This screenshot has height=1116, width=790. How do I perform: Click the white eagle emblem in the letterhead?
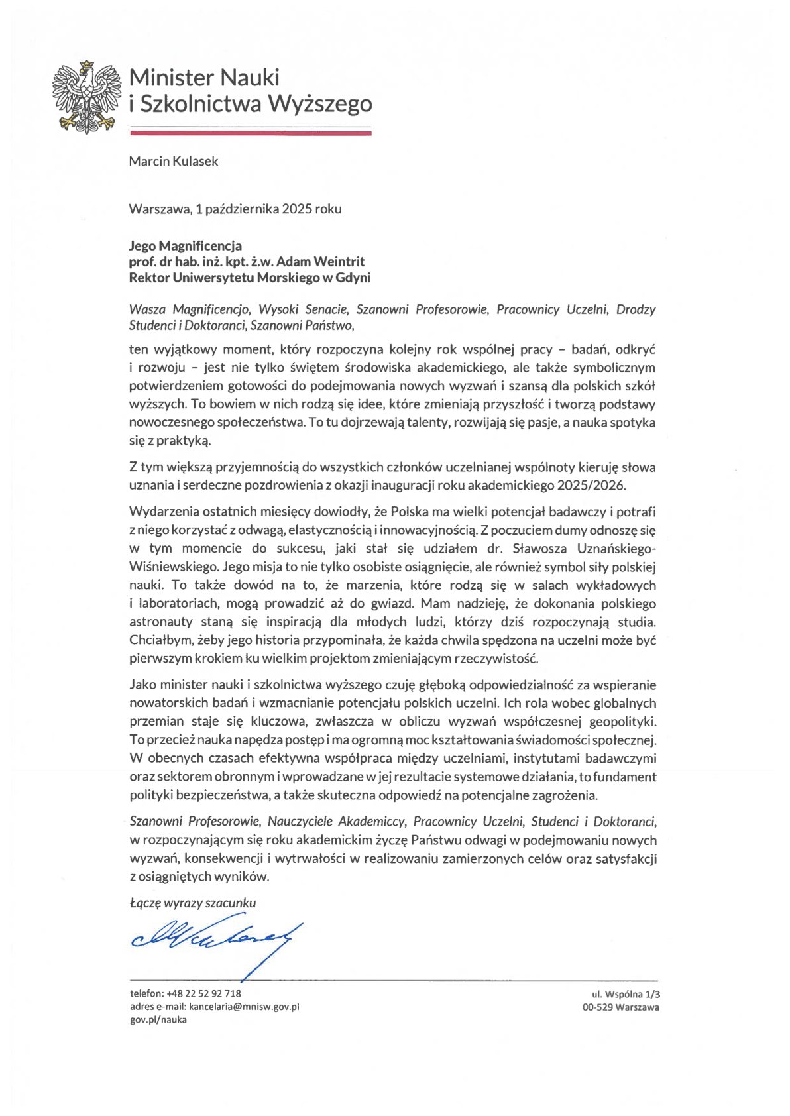(x=87, y=95)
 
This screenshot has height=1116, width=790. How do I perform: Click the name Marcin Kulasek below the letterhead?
(x=174, y=161)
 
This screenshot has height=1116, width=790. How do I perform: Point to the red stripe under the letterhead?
(x=251, y=133)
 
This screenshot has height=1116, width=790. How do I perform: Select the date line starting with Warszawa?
(x=235, y=209)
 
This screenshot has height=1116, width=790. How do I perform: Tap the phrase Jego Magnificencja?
(x=186, y=246)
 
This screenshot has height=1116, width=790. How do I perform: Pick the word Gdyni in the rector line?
(x=352, y=278)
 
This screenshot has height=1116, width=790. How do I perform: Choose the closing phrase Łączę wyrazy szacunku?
(x=193, y=903)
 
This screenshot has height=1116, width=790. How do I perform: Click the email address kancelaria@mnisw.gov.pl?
(x=244, y=1007)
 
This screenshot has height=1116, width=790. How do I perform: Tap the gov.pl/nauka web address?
(x=158, y=1020)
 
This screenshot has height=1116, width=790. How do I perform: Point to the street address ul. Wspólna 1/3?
(x=626, y=994)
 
